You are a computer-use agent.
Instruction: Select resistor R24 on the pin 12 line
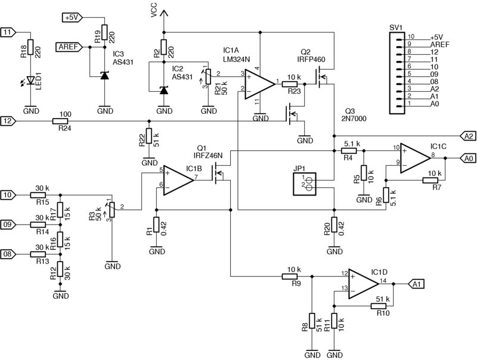pos(61,121)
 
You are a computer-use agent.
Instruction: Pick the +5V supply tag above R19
pos(72,18)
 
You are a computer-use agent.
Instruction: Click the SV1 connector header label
pos(395,27)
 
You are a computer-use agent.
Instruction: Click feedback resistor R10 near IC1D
pos(379,306)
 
